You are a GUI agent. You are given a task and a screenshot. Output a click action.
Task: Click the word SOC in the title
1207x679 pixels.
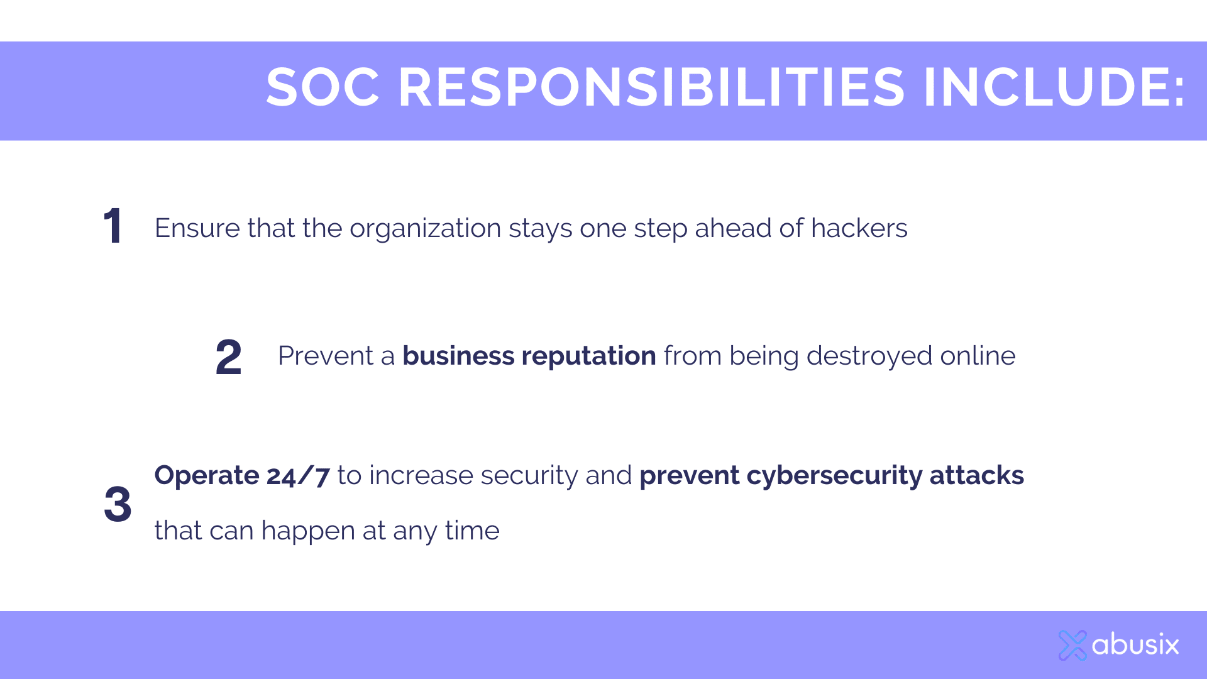click(323, 87)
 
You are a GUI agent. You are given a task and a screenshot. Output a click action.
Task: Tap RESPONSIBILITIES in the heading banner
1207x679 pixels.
click(652, 87)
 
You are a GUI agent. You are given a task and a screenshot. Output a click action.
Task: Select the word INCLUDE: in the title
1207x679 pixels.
click(1054, 87)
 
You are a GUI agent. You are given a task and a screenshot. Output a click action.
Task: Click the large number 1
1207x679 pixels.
click(113, 226)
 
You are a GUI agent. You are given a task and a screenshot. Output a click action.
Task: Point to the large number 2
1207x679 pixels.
click(228, 356)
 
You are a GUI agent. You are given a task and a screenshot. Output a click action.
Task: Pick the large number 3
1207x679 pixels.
click(118, 504)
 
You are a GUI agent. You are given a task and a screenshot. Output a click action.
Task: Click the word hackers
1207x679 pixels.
click(859, 228)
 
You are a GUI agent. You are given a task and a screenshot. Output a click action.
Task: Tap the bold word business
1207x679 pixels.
click(458, 356)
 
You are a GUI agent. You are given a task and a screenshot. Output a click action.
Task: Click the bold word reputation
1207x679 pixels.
click(589, 357)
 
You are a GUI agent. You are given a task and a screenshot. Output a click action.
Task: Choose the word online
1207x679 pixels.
click(978, 356)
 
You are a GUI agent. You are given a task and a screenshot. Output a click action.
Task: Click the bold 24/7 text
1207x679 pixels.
click(298, 476)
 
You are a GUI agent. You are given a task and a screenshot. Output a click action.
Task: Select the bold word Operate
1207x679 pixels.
click(207, 476)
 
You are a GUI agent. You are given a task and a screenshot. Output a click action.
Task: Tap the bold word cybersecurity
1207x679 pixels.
click(834, 476)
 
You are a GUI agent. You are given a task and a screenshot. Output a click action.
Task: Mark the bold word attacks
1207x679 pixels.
click(977, 475)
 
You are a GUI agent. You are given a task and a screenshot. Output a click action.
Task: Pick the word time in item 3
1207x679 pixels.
click(472, 531)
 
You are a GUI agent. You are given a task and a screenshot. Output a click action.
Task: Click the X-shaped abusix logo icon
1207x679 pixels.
click(1072, 645)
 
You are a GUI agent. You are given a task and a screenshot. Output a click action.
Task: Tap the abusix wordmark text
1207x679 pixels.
click(1135, 644)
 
